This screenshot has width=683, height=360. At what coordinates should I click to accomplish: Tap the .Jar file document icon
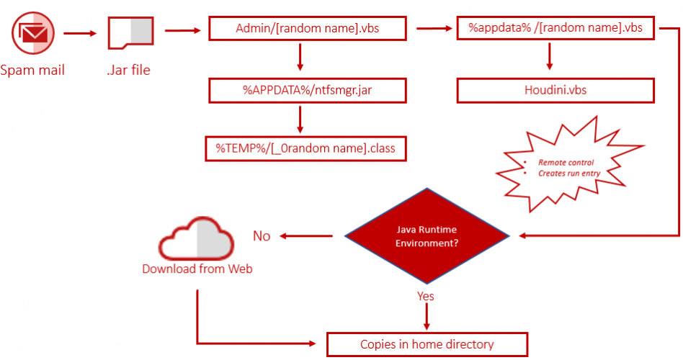130,33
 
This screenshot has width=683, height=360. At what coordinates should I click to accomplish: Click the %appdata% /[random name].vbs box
555,29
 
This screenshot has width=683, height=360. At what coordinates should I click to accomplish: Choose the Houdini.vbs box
555,91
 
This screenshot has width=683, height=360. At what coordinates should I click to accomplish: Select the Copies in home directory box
427,343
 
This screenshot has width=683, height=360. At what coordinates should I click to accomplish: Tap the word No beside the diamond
262,236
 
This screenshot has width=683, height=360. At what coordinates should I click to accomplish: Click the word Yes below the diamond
426,296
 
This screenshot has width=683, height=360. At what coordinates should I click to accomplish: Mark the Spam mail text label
32,70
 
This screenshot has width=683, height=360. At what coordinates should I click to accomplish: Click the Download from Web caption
197,269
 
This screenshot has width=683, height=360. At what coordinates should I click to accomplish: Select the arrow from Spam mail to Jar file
79,33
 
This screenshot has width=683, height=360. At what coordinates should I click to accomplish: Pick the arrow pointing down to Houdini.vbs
550,58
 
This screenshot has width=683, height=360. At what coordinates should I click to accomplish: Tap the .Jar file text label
129,70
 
